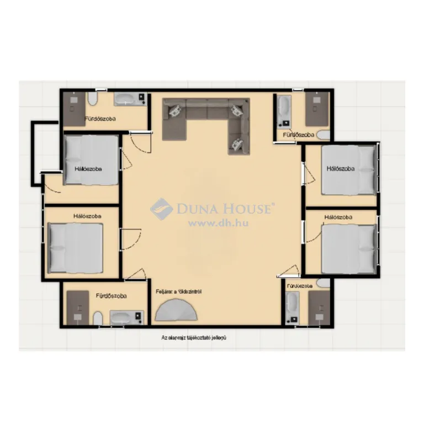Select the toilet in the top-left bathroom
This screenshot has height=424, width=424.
(x=93, y=100)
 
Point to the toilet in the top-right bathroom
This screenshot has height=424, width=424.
(x=323, y=135)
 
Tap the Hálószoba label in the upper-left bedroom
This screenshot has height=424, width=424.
(x=88, y=169)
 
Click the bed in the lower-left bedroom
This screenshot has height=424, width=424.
(x=76, y=248)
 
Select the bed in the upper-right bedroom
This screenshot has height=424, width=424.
(x=348, y=170)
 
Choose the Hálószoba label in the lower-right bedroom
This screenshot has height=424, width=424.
(x=338, y=218)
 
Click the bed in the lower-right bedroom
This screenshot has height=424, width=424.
(x=349, y=249)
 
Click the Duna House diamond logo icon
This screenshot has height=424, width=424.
(x=162, y=209)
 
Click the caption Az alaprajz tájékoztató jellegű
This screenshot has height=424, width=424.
(x=194, y=337)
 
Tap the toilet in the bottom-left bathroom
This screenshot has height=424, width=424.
(x=98, y=319)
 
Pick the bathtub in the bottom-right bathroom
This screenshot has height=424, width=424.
(x=292, y=308)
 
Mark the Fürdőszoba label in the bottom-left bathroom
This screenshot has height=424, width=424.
(x=111, y=296)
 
